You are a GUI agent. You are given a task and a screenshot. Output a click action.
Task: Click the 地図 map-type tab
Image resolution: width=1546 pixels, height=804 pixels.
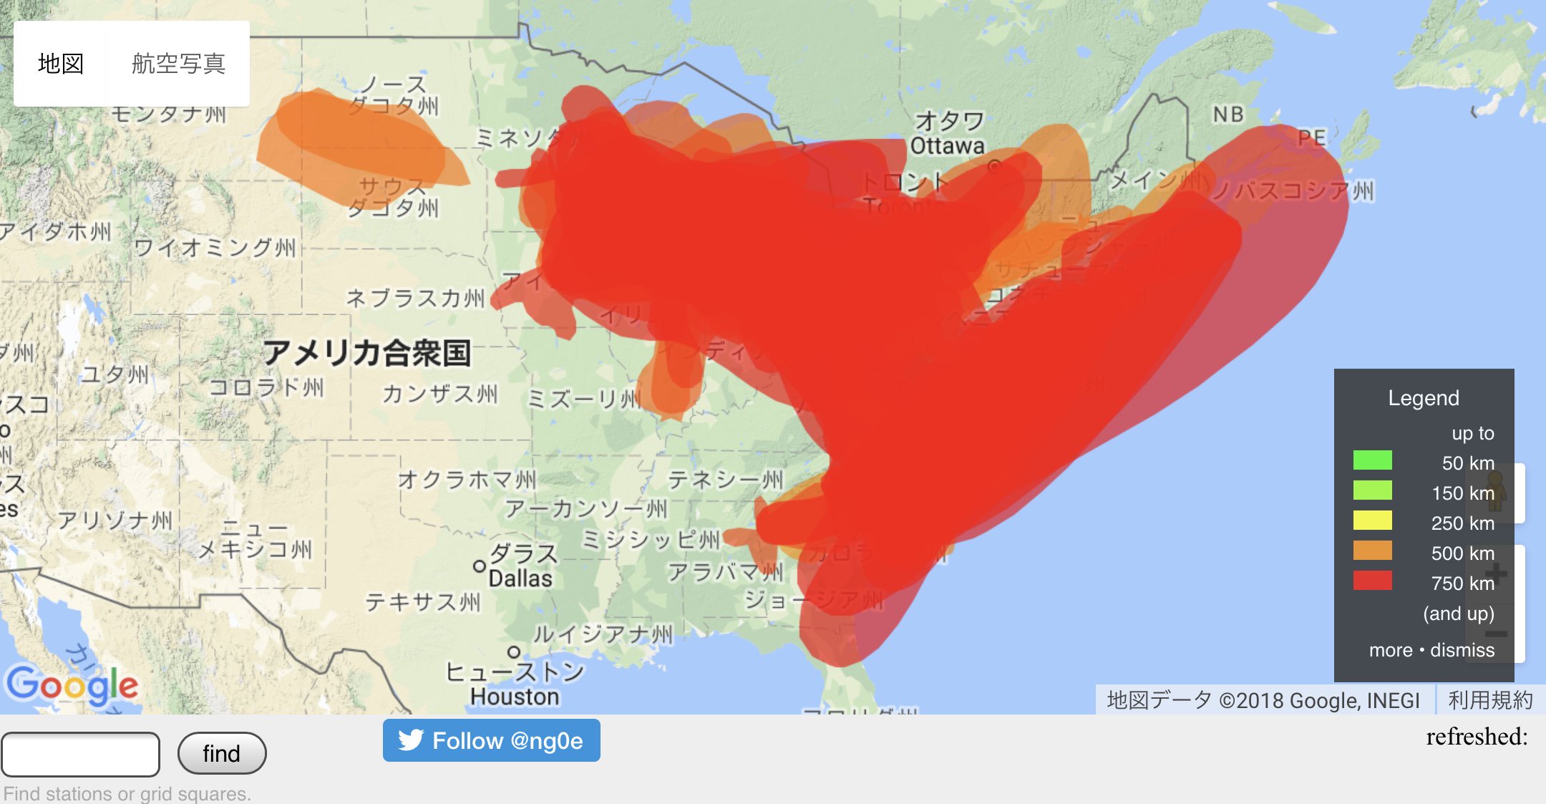tap(61, 64)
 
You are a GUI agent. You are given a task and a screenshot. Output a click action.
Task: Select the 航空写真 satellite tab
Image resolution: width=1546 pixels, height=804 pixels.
tap(178, 64)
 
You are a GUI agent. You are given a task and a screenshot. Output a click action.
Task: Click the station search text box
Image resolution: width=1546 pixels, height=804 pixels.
tap(80, 754)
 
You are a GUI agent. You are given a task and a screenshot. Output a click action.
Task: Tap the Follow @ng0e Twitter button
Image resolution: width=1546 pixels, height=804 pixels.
tap(491, 740)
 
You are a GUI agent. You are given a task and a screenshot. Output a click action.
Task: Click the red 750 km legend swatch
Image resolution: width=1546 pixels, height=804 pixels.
tap(1372, 581)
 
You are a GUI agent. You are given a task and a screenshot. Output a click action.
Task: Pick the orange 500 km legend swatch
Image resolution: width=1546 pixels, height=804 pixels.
tap(1372, 551)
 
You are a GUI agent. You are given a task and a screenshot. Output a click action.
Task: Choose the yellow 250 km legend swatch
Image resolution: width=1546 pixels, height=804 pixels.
tap(1372, 520)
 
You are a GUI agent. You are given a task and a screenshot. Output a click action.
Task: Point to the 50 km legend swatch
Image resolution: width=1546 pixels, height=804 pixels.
tap(1372, 460)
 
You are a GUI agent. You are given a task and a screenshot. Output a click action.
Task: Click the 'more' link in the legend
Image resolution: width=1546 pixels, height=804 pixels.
tap(1390, 650)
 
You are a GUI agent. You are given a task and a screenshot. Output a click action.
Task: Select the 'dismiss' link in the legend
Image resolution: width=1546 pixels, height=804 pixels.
tap(1462, 650)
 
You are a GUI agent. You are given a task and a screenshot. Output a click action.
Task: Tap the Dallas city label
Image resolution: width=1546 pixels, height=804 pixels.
tap(520, 578)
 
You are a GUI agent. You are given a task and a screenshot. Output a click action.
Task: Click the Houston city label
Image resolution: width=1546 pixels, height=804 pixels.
tap(515, 696)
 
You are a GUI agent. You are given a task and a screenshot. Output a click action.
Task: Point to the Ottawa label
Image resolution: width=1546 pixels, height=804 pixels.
tap(947, 146)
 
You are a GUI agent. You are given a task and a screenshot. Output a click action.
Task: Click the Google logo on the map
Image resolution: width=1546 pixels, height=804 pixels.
tap(72, 685)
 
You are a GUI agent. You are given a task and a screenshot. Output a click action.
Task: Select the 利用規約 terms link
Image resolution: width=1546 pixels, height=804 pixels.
tap(1490, 700)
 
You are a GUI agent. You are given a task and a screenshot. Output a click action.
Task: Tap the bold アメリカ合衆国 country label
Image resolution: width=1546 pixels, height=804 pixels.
tap(366, 353)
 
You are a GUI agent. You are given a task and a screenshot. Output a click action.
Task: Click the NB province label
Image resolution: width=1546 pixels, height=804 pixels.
tap(1228, 115)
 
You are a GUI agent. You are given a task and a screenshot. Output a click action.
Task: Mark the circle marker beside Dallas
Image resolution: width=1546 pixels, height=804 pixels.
tap(480, 566)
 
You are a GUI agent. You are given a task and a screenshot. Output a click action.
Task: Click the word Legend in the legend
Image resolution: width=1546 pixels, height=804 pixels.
tap(1423, 398)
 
